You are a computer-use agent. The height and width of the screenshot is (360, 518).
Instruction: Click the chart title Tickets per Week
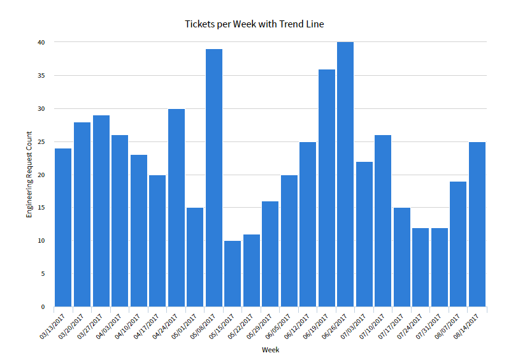pos(254,24)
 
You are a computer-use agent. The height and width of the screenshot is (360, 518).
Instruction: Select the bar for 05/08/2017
pos(213,178)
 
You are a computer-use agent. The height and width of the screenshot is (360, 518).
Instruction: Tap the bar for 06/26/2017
pos(345,175)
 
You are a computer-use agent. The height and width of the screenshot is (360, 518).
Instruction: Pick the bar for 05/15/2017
pos(233,273)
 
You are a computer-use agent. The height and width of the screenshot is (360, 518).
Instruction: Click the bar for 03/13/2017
pos(63,227)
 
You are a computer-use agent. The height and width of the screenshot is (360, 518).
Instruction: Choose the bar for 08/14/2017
pos(477,224)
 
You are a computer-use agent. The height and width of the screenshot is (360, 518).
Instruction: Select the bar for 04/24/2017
pos(176,208)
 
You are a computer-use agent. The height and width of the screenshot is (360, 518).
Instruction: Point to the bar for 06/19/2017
pos(326,188)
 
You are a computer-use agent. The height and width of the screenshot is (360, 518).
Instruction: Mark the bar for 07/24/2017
pos(421,267)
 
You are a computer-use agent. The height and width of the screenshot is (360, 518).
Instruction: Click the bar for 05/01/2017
pos(195,257)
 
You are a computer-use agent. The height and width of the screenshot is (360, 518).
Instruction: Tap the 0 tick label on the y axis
pos(43,307)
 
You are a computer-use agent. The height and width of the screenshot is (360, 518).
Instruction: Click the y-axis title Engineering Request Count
pos(29,175)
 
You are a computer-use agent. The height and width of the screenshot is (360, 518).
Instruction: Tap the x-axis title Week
pos(270,350)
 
